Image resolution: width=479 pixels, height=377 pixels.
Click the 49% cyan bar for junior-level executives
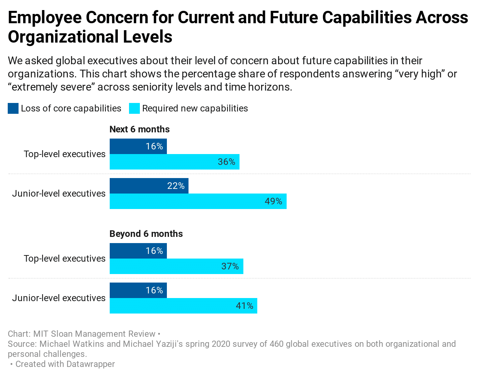pyautogui.click(x=198, y=201)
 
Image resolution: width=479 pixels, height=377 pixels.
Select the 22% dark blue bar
pyautogui.click(x=149, y=186)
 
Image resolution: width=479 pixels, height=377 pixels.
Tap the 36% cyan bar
pyautogui.click(x=174, y=162)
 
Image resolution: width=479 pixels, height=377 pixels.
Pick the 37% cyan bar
pyautogui.click(x=176, y=266)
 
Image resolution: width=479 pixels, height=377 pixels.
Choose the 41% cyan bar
pyautogui.click(x=183, y=306)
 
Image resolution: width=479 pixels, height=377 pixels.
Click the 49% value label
pyautogui.click(x=273, y=201)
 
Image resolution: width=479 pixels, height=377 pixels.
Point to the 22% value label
pyautogui.click(x=176, y=186)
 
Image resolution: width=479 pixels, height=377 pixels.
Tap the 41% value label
pyautogui.click(x=245, y=306)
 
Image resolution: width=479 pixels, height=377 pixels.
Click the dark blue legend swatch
pyautogui.click(x=13, y=108)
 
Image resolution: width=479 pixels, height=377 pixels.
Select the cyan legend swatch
pyautogui.click(x=134, y=108)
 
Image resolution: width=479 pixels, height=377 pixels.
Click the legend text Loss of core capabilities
pyautogui.click(x=71, y=108)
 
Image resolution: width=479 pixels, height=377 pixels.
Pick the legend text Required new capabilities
pyautogui.click(x=195, y=108)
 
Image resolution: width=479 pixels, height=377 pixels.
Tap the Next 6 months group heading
pyautogui.click(x=139, y=129)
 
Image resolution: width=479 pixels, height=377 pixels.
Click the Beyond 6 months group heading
pyautogui.click(x=146, y=234)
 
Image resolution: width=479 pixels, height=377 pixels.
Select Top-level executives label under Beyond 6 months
pyautogui.click(x=65, y=259)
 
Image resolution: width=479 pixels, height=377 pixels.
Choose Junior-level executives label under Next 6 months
pyautogui.click(x=59, y=194)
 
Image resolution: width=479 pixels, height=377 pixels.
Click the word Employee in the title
pyautogui.click(x=45, y=18)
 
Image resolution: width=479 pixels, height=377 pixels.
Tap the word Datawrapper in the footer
pyautogui.click(x=90, y=364)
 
